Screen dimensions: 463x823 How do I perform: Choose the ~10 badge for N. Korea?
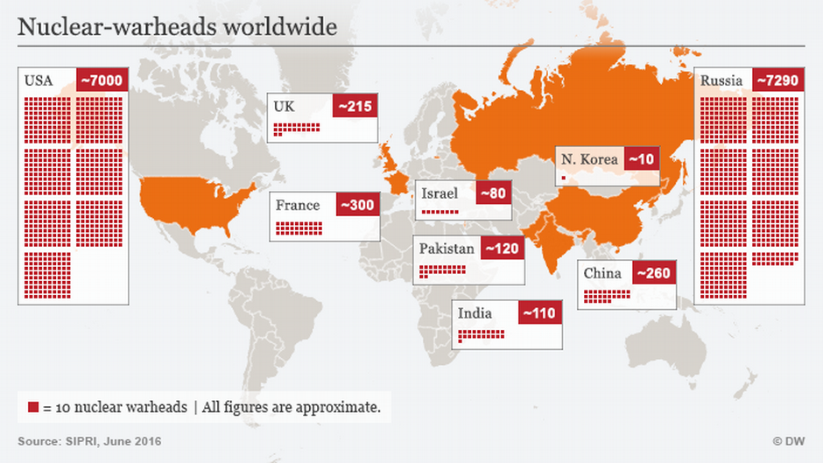(642, 159)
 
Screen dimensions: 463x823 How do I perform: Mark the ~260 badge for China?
(653, 273)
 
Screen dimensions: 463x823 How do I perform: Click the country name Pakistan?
(447, 249)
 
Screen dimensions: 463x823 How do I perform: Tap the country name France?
(298, 206)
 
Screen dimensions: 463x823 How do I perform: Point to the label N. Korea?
(590, 159)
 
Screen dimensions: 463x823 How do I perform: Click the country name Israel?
(440, 193)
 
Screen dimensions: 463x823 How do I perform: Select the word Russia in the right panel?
(721, 81)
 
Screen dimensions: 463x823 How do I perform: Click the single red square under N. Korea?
(564, 177)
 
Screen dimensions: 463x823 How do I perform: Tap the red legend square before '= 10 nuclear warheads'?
(33, 407)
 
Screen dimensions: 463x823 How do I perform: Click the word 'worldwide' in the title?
(280, 27)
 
